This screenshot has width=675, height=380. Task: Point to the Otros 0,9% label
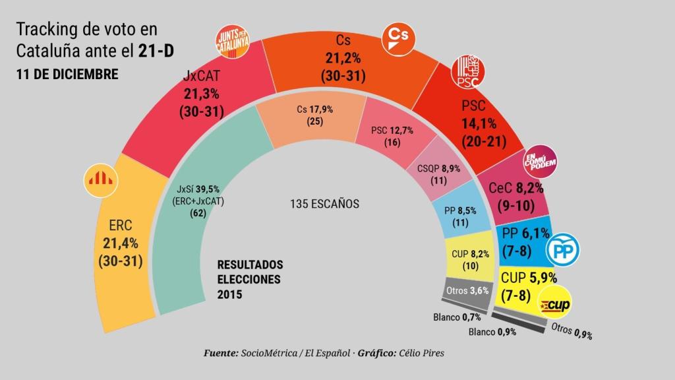pos(571,332)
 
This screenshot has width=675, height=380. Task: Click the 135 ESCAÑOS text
pos(324,204)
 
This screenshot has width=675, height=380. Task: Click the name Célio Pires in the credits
pos(421,354)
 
